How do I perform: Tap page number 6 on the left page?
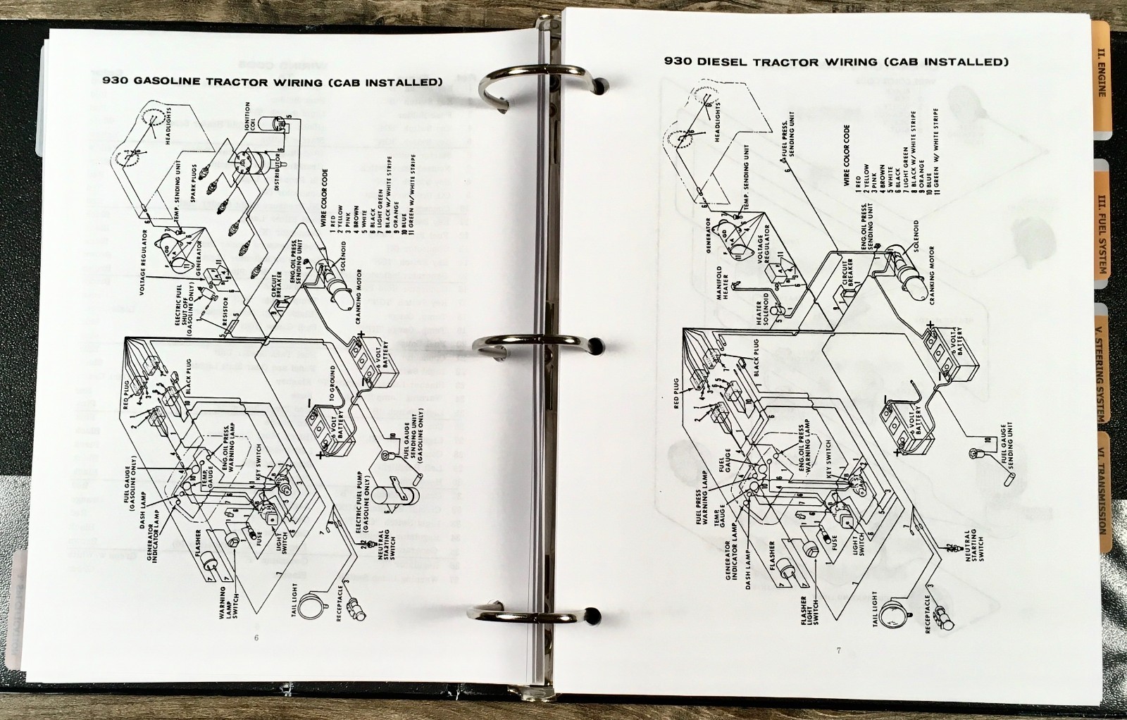point(256,638)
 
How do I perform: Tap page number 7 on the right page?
point(838,650)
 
